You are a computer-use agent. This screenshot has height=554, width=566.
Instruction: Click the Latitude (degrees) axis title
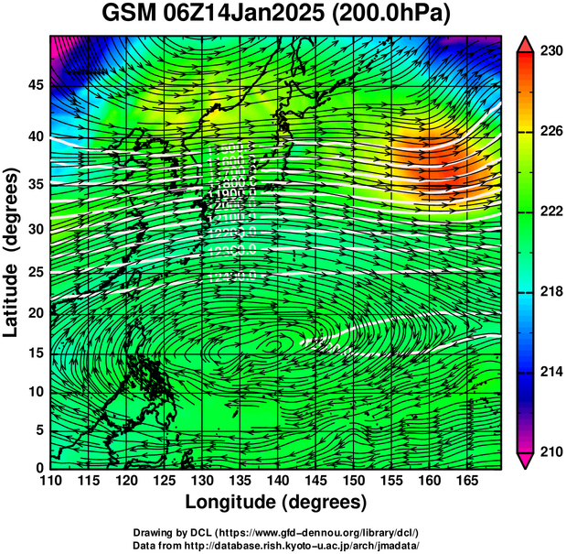(12, 252)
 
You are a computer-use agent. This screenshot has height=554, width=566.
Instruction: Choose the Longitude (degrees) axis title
(275, 502)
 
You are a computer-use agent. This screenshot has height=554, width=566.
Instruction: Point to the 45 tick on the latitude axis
(35, 85)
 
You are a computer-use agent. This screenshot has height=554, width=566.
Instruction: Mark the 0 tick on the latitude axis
(39, 468)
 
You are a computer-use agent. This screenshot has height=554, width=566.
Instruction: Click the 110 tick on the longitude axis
(50, 481)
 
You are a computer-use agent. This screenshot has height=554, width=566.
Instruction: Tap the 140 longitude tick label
(276, 481)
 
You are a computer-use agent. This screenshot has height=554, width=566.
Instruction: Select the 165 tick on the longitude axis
(464, 481)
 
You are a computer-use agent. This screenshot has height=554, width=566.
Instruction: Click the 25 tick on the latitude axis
(35, 272)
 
